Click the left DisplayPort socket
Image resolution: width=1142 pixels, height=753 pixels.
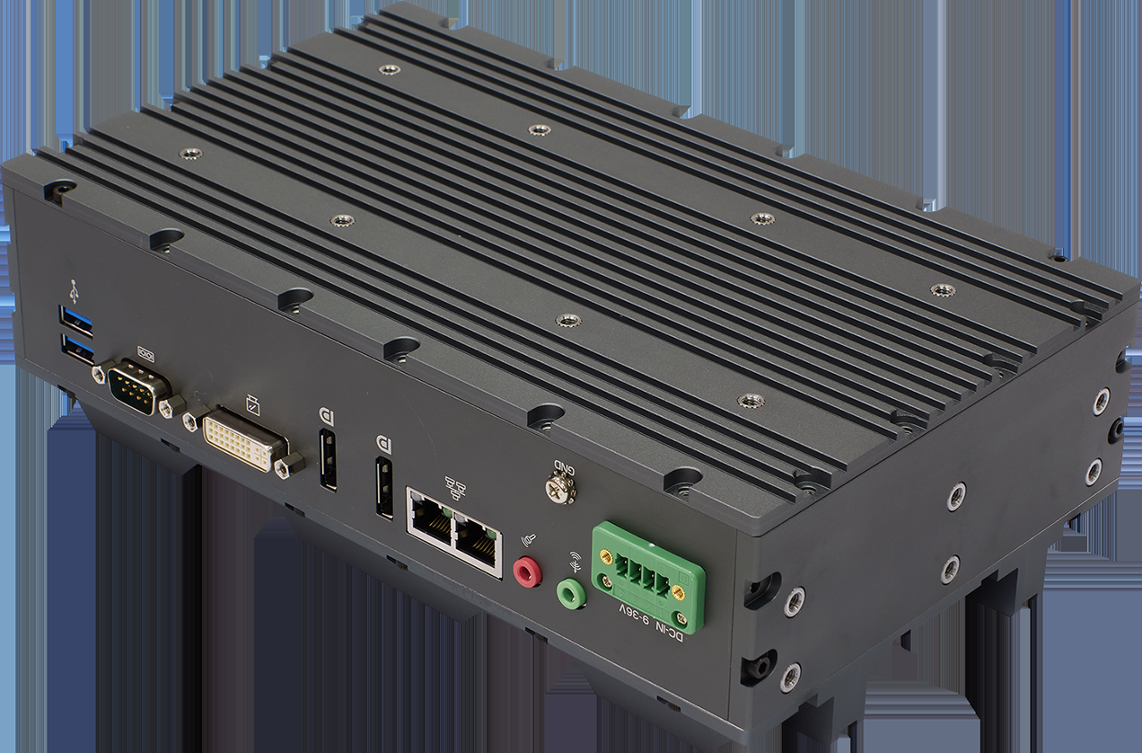328,461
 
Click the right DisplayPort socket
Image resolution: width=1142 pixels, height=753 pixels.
384,489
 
